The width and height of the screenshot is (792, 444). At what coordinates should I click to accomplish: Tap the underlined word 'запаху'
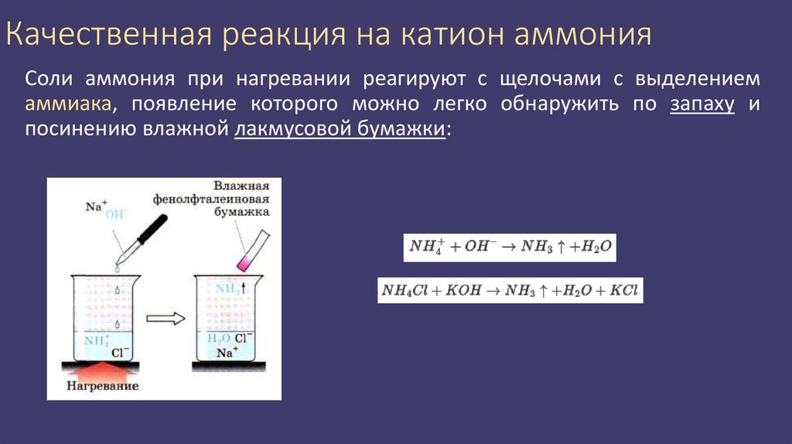[702, 104]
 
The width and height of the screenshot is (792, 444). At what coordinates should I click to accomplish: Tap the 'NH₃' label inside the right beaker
[227, 289]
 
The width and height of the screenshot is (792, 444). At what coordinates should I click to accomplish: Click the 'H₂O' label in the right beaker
[216, 338]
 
